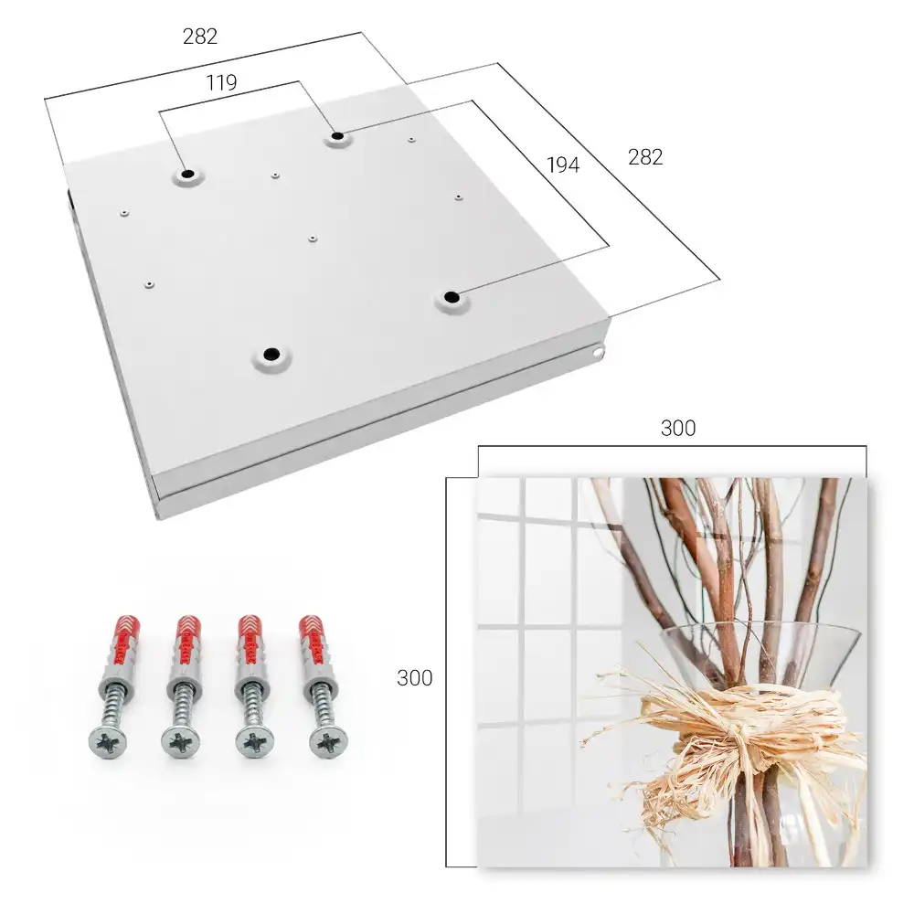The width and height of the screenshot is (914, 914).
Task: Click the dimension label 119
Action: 221,83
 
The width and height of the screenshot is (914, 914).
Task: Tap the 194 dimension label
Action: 563,165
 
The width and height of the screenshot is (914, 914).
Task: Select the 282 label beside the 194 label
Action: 645,157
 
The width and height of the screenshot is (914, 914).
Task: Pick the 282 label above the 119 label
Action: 200,37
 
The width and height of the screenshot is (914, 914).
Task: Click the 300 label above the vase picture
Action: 678,428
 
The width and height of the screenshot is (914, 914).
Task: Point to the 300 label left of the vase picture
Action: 414,678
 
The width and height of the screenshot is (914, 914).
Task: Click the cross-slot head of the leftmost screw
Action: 109,741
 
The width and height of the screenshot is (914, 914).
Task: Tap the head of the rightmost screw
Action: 329,741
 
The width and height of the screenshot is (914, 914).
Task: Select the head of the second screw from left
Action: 181,742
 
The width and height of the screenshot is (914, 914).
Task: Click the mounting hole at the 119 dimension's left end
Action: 187,175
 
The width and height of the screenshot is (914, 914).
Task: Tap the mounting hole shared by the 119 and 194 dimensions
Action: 337,137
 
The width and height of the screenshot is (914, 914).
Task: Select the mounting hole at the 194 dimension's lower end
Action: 452,298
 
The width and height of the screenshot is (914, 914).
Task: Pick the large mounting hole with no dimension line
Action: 271,354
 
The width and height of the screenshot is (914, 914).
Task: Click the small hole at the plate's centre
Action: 313,239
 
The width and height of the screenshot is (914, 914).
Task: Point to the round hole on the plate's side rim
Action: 599,352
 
